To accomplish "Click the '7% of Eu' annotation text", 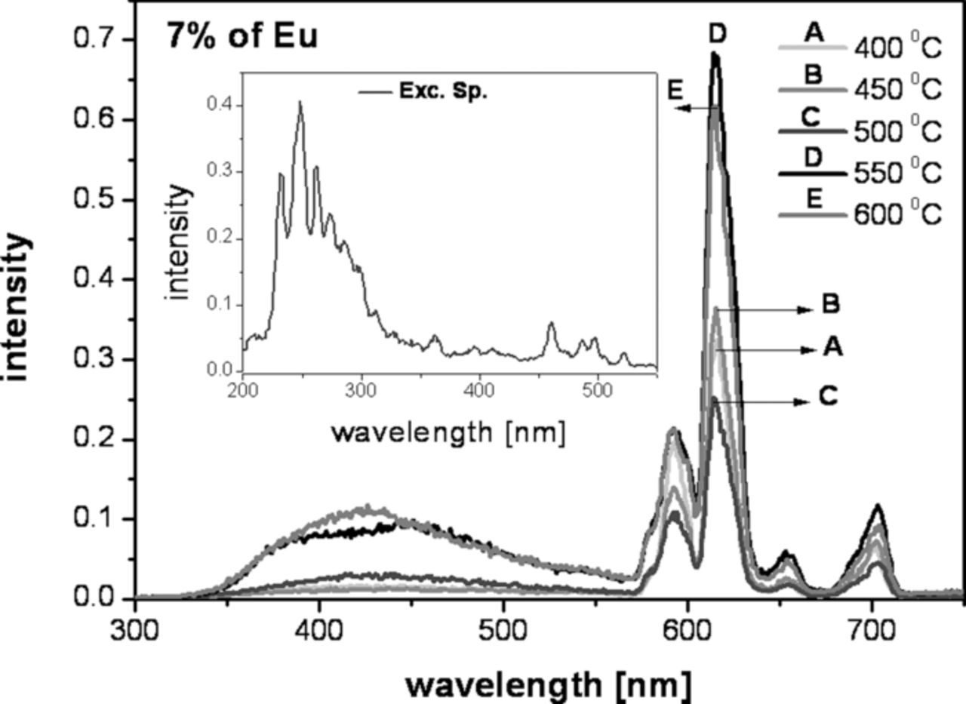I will tap(241, 36).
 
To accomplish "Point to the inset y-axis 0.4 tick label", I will tap(219, 106).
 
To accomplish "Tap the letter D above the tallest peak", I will tap(718, 34).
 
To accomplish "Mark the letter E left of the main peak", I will tap(675, 91).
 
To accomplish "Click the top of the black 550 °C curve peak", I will tap(715, 54).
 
